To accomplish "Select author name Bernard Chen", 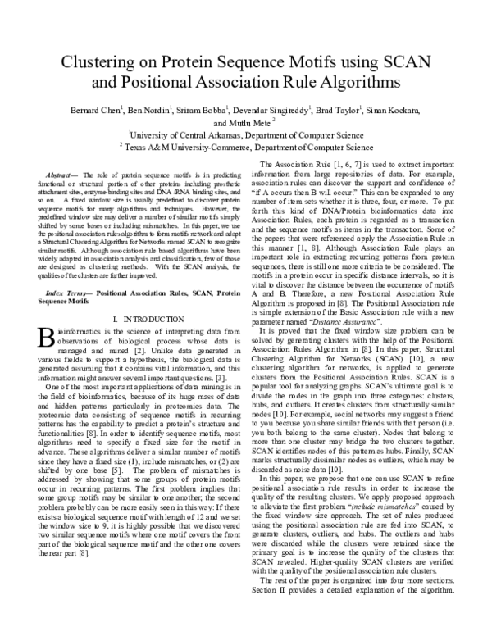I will click(x=93, y=111).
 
